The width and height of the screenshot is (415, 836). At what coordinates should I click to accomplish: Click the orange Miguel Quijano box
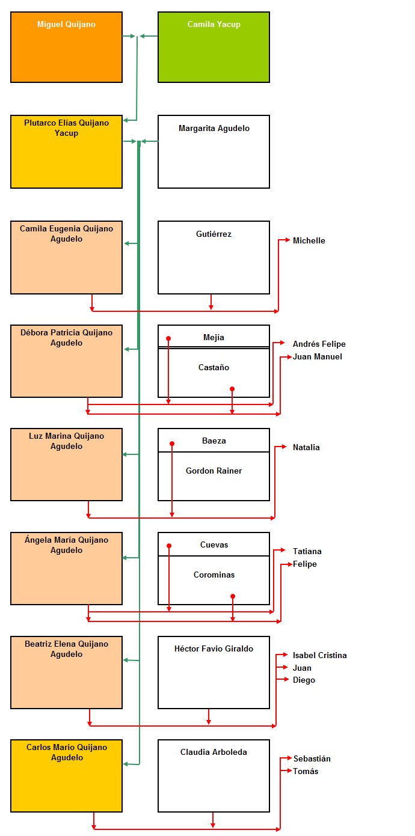[67, 47]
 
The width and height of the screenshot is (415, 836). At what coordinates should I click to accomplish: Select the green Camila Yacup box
[214, 47]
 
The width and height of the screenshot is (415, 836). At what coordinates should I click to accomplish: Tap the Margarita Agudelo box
[214, 151]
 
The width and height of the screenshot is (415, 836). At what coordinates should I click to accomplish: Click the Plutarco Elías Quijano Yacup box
[67, 151]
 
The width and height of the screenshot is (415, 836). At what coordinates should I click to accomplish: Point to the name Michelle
[309, 241]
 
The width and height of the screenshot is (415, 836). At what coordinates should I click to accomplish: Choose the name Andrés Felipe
[319, 344]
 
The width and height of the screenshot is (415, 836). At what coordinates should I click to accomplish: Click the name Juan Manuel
[317, 357]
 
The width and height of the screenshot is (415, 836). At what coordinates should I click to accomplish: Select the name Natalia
[306, 448]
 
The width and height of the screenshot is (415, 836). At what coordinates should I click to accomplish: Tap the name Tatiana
[307, 551]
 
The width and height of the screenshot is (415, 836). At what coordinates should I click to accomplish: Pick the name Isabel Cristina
[320, 655]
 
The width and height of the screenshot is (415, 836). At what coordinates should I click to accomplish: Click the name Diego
[304, 680]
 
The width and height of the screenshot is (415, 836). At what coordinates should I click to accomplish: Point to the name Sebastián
[312, 758]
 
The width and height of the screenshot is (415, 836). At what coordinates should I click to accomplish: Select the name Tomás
[306, 772]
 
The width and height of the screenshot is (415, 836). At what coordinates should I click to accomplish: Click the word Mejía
[214, 337]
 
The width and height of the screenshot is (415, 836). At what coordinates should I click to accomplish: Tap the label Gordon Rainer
[214, 471]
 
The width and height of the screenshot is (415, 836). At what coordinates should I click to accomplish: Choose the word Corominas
[214, 575]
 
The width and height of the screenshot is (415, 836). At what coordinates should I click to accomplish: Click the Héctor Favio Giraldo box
[214, 673]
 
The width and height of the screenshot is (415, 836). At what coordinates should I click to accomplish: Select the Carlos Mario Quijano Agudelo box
[67, 775]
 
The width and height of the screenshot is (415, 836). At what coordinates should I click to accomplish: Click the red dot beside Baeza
[172, 444]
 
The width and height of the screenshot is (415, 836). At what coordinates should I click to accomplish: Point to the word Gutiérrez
[214, 234]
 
